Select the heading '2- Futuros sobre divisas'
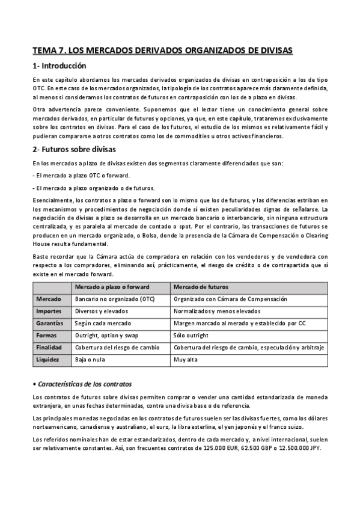(74, 149)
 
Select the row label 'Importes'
(49, 311)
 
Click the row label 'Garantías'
(50, 323)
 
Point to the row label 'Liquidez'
(47, 360)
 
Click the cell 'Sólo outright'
(194, 335)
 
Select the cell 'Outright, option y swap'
(106, 335)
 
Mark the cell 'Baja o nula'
(91, 360)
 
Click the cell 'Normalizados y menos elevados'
(217, 311)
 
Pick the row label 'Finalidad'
(49, 348)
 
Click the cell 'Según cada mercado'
(103, 323)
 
